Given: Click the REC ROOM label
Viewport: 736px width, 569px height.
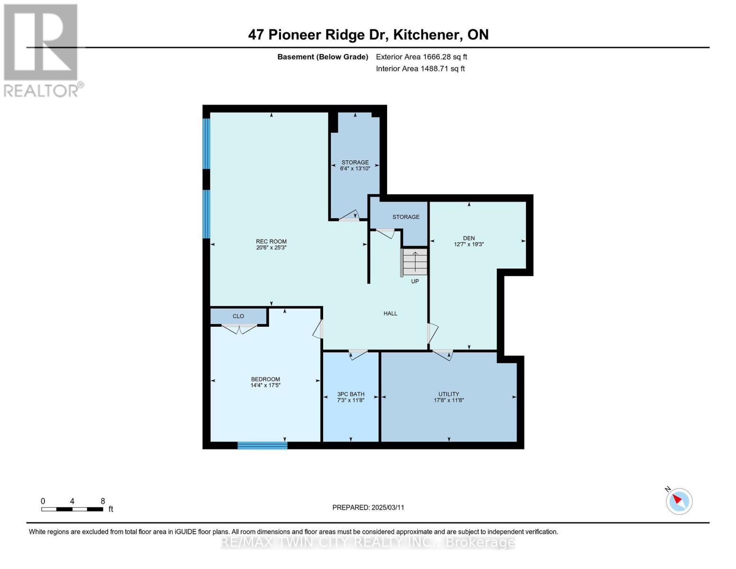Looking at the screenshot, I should [x=271, y=241].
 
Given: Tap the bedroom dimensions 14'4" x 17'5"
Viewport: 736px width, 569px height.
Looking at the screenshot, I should [x=265, y=385].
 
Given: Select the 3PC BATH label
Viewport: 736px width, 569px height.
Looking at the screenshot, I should [x=351, y=394].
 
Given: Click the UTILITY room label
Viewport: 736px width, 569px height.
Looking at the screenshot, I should [x=448, y=394].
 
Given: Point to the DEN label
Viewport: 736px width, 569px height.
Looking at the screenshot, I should [x=469, y=238].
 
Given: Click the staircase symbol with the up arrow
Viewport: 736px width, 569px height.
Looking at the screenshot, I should [x=415, y=262].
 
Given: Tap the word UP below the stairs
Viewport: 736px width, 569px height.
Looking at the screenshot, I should [x=415, y=281].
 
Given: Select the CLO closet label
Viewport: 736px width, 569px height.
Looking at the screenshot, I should [x=238, y=316].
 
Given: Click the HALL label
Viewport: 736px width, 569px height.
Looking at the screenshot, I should [x=390, y=313].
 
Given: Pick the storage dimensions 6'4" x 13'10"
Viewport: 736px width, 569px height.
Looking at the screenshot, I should [x=355, y=168].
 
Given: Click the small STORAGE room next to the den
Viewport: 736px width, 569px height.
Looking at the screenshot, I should [x=406, y=217].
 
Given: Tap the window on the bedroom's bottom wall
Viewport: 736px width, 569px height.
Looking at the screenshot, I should [x=262, y=445].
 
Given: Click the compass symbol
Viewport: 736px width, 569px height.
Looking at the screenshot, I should [x=679, y=501].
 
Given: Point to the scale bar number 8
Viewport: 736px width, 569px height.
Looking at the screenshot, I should [x=103, y=501].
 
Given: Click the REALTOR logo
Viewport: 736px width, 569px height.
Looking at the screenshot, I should [x=42, y=50].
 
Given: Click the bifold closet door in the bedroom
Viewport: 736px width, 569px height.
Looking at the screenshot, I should [x=239, y=328].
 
